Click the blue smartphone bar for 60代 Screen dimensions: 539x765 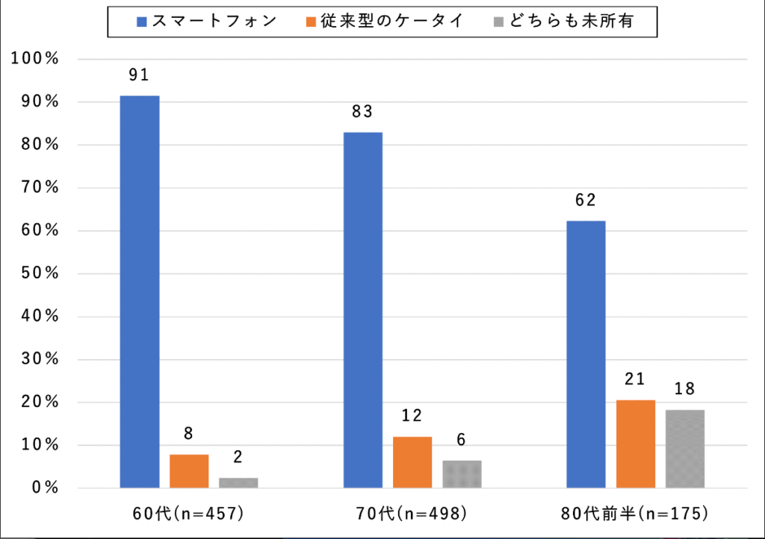point(140,292)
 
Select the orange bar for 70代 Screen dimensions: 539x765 point(412,462)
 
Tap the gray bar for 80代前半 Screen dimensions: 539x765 point(685,449)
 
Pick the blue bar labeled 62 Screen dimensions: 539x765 point(586,355)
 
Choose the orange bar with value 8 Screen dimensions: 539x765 point(189,471)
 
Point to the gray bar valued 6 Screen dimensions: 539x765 point(462,474)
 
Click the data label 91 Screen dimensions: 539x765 point(140,75)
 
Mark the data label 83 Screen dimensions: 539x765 point(363,112)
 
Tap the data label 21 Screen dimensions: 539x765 point(635,379)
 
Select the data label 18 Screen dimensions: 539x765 point(685,389)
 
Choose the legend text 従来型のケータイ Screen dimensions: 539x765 point(403,22)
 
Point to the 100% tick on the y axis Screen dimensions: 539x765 point(36,59)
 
